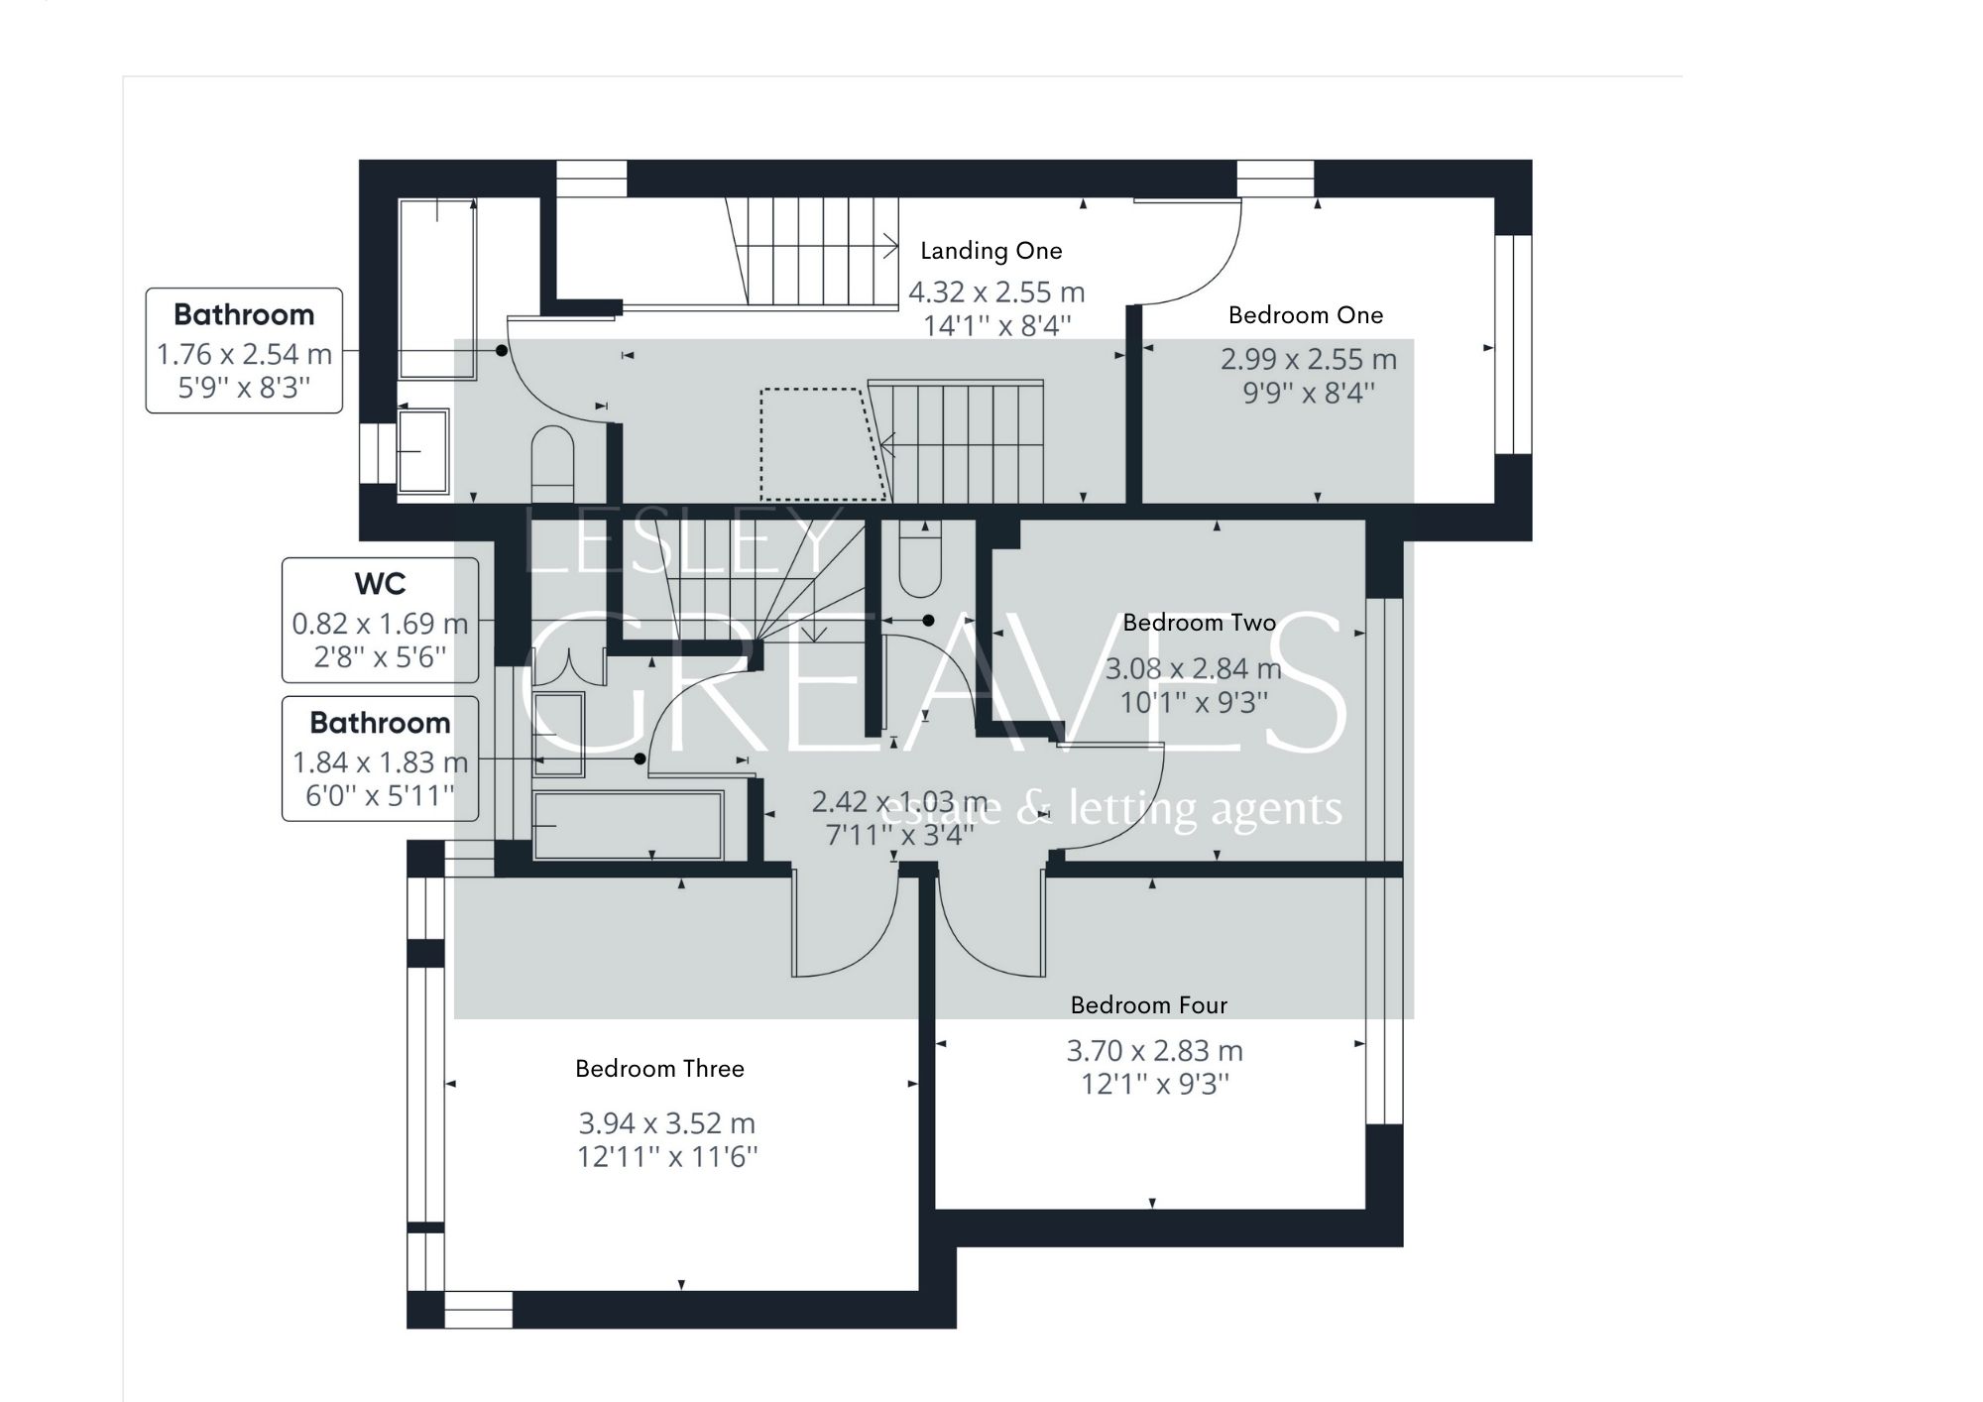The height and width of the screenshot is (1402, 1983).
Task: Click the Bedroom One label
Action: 1305,315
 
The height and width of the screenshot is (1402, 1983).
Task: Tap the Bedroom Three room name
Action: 659,1069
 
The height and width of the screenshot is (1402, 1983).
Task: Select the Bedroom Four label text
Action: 1148,1005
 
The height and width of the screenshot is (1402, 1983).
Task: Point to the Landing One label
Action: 991,251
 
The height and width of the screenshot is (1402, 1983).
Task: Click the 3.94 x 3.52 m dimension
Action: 666,1123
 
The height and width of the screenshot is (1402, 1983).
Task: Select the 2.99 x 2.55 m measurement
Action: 1308,359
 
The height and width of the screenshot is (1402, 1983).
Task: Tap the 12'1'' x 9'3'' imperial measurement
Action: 1154,1084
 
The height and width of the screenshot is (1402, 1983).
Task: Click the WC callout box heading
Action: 380,584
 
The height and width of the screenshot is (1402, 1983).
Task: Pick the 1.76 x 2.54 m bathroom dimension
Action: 244,354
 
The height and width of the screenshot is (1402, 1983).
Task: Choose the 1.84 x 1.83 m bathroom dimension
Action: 380,762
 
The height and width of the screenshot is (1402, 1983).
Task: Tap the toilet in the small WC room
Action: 919,562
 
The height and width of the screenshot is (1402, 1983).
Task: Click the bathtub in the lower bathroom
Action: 628,825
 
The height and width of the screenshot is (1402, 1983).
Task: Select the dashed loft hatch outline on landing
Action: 820,443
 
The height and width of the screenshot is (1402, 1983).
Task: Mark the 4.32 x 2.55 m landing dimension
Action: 996,292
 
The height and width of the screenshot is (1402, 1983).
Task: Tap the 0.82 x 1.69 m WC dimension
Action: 380,624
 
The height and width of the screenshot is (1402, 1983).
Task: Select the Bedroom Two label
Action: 1199,623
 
